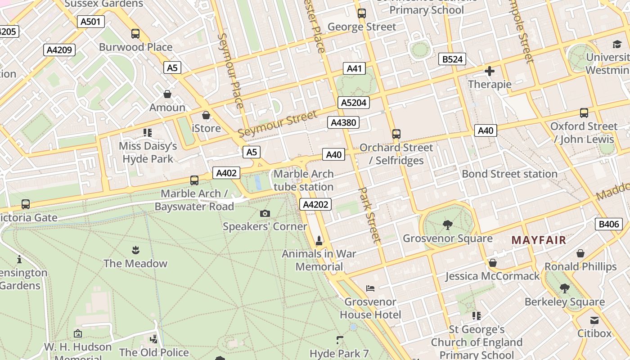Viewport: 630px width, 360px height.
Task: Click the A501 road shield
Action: (90, 22)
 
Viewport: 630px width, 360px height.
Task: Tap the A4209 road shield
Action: (59, 50)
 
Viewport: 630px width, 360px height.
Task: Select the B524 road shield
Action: (452, 59)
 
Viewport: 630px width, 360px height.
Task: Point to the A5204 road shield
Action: (354, 103)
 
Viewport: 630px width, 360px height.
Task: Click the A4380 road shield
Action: (344, 122)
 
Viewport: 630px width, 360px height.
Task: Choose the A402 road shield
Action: (226, 173)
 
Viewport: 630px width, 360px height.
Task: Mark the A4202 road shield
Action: (315, 205)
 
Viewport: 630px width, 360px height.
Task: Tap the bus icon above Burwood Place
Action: (135, 34)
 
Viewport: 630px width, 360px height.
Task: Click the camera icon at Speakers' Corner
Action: (265, 213)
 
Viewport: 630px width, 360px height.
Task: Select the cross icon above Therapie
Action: (490, 71)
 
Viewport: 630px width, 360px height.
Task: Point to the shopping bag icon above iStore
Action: (206, 115)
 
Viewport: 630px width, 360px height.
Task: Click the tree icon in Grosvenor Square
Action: (447, 225)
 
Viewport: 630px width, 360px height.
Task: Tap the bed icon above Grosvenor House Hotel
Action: (370, 288)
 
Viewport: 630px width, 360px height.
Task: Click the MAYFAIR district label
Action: (539, 240)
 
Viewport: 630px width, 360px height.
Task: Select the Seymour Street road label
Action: (278, 124)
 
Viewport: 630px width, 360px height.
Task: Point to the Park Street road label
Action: (369, 215)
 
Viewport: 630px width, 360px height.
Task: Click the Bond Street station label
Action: (509, 174)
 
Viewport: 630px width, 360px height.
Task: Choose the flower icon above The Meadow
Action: (135, 250)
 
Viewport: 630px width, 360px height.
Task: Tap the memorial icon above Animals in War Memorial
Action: (319, 241)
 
